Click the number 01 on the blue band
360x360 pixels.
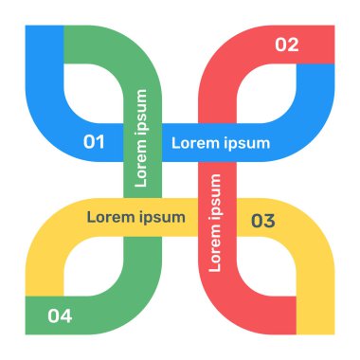click(94, 143)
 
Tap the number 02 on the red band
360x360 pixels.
click(286, 45)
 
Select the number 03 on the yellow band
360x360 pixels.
click(262, 222)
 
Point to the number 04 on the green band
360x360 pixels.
click(60, 315)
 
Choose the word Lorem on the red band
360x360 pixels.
click(215, 248)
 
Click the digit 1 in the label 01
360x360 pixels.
click(100, 143)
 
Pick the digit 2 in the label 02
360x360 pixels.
click(293, 45)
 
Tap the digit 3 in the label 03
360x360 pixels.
click(269, 222)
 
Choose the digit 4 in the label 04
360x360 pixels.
click(66, 315)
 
